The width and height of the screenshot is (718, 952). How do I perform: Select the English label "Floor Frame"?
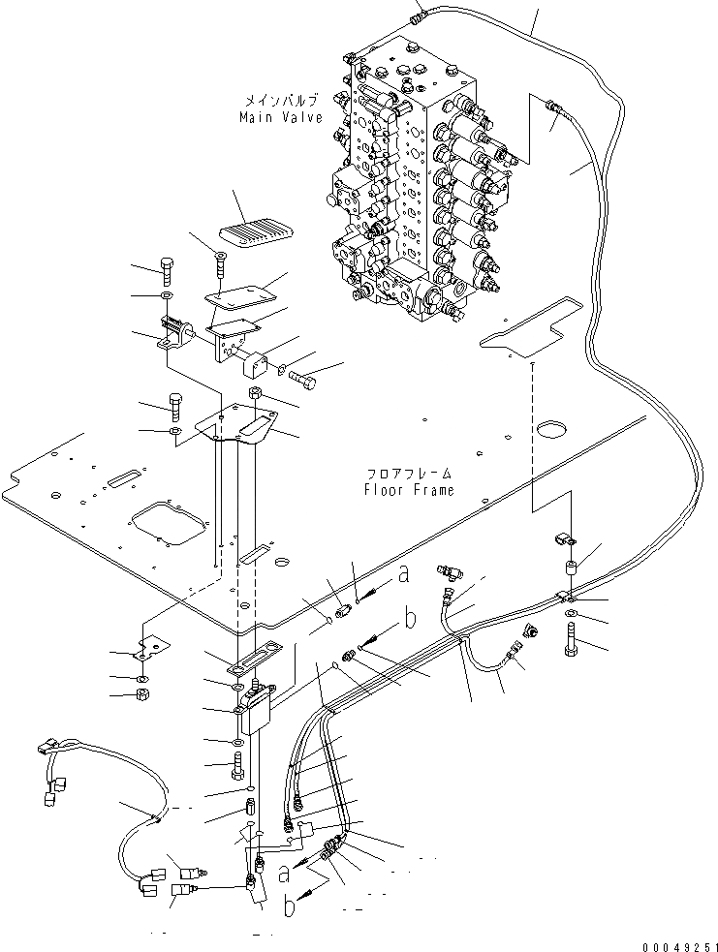(x=409, y=490)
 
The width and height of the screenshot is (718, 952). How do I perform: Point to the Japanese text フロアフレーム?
(x=409, y=474)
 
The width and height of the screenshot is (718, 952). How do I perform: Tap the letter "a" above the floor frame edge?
(x=404, y=574)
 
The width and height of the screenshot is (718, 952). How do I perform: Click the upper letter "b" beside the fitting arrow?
(x=410, y=616)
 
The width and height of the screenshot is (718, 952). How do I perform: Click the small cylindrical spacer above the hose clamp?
(x=568, y=567)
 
